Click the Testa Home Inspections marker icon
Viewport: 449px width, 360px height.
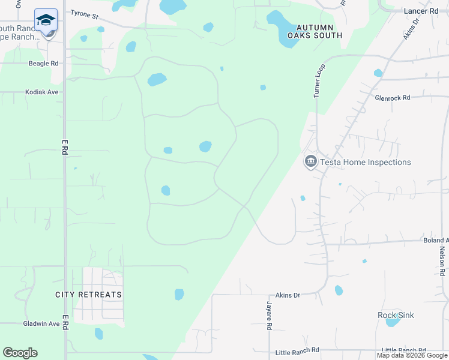point(310,162)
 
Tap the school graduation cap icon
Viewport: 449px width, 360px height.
point(46,20)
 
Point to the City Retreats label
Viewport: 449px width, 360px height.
point(88,295)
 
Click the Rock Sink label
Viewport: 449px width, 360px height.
point(396,315)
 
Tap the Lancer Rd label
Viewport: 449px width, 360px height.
point(421,11)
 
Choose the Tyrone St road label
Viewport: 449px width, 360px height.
point(84,13)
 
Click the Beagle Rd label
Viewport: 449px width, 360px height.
point(43,63)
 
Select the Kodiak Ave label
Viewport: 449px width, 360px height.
point(41,92)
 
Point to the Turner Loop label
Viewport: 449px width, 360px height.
point(318,81)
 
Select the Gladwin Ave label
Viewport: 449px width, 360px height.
point(41,323)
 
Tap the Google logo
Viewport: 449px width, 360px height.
point(20,353)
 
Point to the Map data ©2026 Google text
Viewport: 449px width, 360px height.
point(412,355)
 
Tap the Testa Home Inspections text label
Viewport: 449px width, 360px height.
point(365,162)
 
